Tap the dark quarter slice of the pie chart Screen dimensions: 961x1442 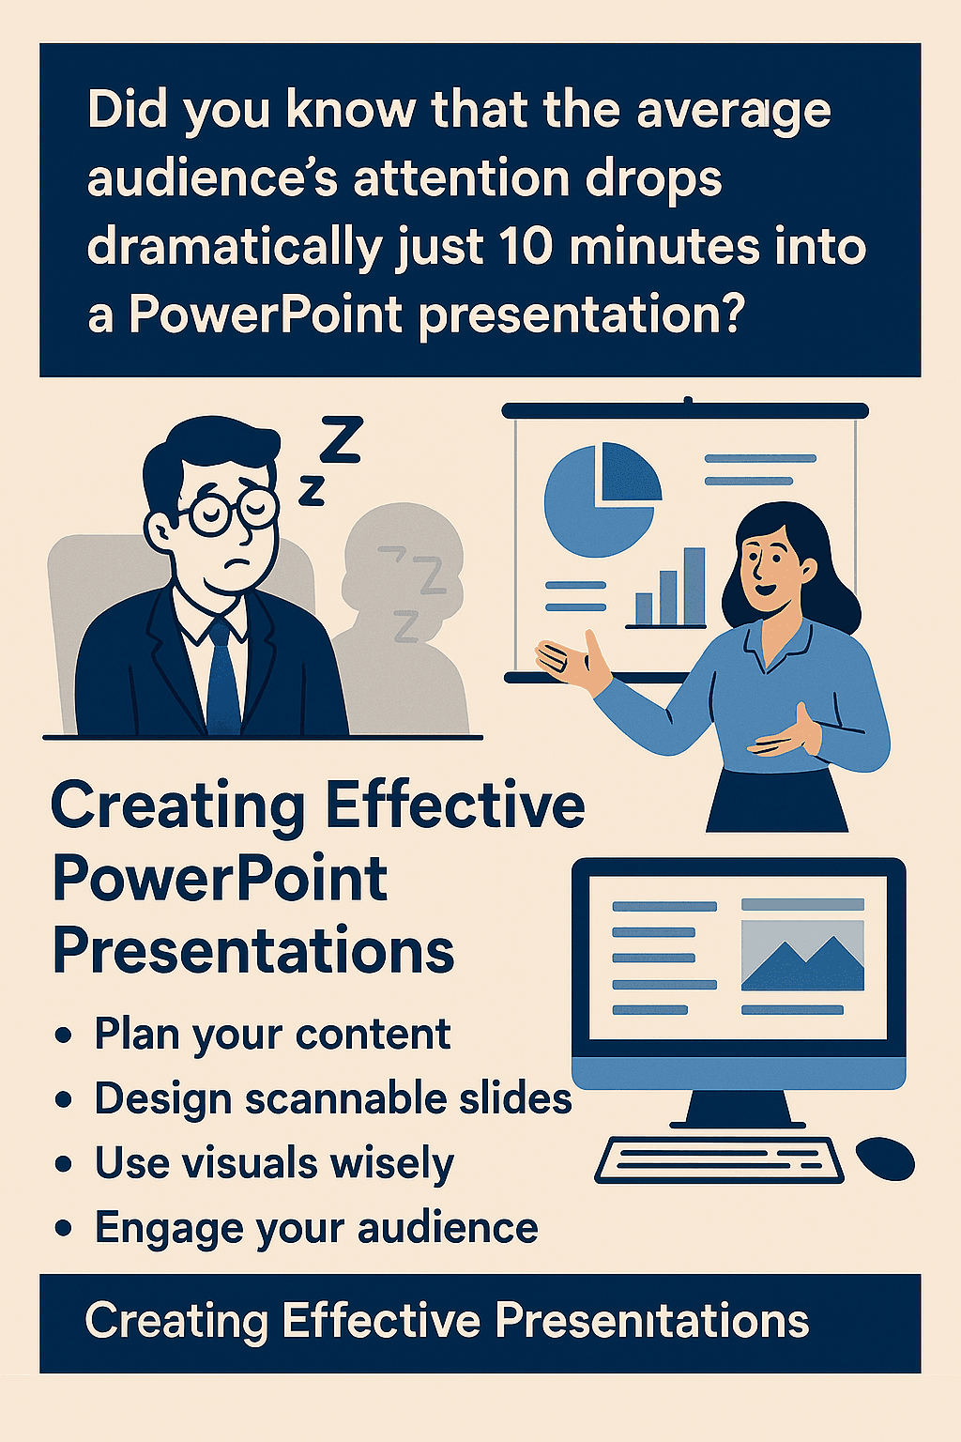(x=630, y=472)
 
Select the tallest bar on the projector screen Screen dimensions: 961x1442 (x=694, y=586)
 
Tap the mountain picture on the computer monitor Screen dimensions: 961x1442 (x=802, y=956)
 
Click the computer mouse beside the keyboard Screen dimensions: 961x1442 (x=885, y=1158)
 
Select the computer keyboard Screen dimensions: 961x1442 (x=719, y=1160)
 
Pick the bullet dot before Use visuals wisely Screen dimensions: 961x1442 (x=63, y=1164)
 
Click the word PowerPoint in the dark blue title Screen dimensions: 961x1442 (x=221, y=880)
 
